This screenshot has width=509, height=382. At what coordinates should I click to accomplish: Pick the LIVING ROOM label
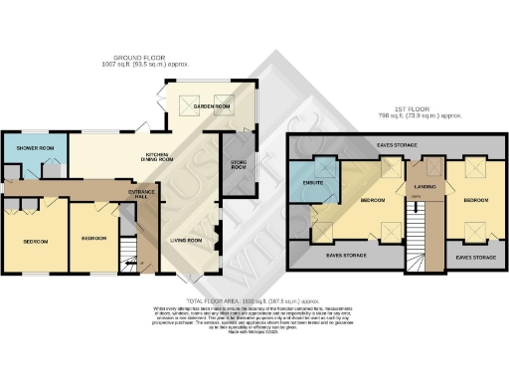point(186,240)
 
